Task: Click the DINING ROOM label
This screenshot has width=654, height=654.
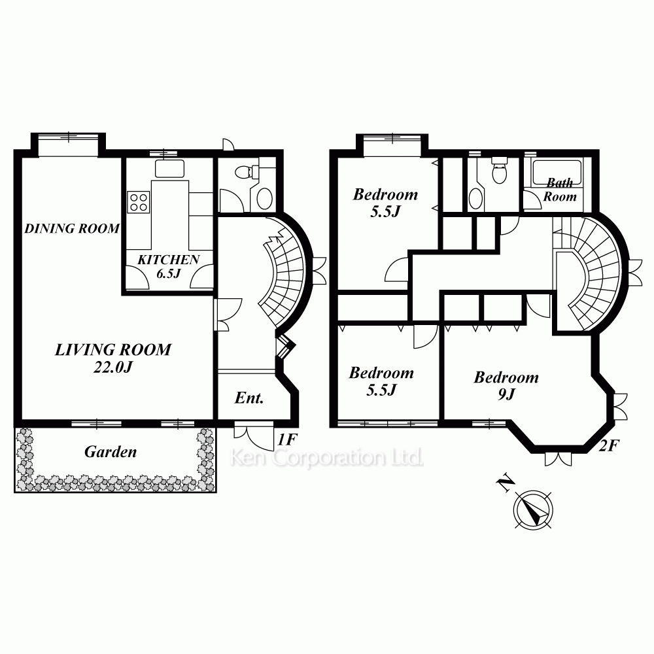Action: tap(72, 228)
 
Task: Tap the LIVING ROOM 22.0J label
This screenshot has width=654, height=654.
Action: tap(113, 358)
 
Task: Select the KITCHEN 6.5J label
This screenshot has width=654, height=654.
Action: tap(169, 266)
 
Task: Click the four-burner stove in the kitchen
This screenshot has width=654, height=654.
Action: tap(139, 202)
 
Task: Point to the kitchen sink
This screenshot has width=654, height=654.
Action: tap(169, 168)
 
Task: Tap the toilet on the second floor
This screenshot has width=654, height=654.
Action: tap(499, 171)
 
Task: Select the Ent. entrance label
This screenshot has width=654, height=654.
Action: tap(249, 398)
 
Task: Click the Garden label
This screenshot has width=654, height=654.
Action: tap(111, 452)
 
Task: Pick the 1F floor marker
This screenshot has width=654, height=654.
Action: tap(287, 439)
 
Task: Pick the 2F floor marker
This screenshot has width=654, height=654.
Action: tap(608, 446)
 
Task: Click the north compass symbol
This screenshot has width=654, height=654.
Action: tap(534, 509)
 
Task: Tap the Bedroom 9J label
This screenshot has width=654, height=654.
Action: tap(506, 385)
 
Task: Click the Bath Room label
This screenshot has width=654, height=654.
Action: tap(560, 190)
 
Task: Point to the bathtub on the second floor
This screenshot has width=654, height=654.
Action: tap(557, 173)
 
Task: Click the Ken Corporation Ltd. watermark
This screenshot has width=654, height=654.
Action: tap(326, 458)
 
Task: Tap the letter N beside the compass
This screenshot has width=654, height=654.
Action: tap(505, 484)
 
